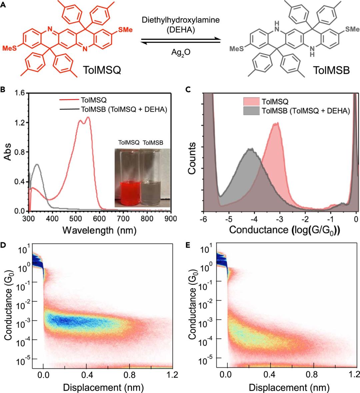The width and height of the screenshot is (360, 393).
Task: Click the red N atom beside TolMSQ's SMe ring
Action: click(x=85, y=49)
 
